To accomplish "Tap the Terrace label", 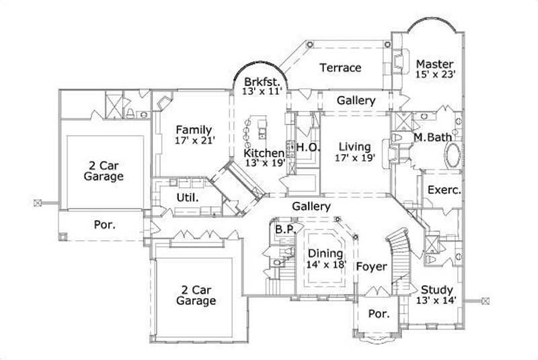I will pyautogui.click(x=340, y=68).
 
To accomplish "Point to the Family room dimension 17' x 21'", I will pyautogui.click(x=193, y=141).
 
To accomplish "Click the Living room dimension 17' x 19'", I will pyautogui.click(x=354, y=157).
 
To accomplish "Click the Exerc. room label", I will pyautogui.click(x=444, y=190).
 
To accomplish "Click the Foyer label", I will pyautogui.click(x=371, y=267).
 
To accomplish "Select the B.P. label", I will pyautogui.click(x=282, y=229).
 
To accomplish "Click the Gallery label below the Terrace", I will pyautogui.click(x=356, y=100).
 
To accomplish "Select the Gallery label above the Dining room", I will pyautogui.click(x=311, y=207).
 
